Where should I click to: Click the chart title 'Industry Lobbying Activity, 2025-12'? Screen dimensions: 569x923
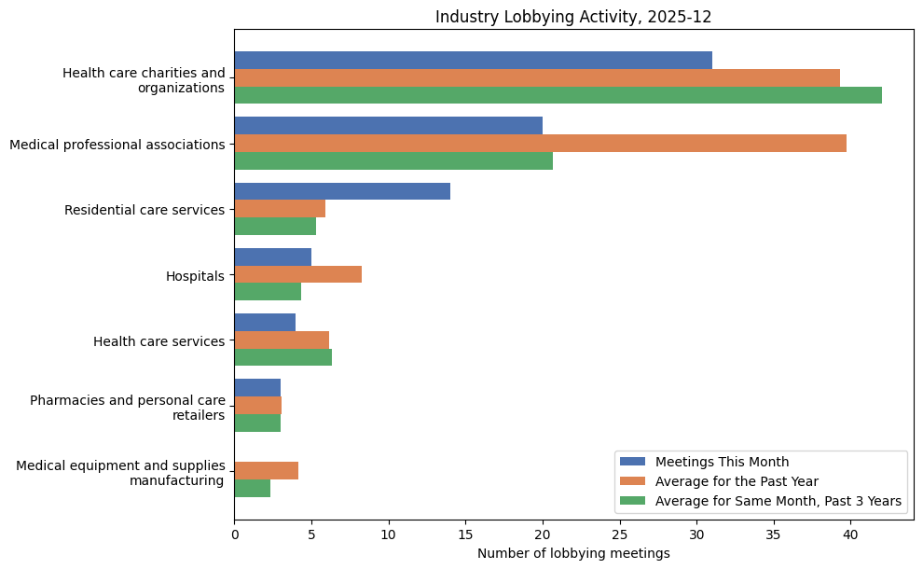573,17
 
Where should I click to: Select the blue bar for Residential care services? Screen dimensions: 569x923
342,191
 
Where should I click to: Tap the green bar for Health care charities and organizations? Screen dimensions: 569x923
558,95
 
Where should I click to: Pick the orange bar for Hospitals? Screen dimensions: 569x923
297,274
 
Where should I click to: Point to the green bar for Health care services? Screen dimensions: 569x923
282,357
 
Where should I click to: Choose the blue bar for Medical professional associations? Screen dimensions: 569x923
388,126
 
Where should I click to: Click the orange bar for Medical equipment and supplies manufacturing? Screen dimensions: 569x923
266,470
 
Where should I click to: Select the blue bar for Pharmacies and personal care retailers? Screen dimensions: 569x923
257,387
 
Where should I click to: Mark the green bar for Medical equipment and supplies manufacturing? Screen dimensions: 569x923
252,488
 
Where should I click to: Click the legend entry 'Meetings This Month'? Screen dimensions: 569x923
722,462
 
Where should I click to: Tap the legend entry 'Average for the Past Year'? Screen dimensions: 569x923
737,481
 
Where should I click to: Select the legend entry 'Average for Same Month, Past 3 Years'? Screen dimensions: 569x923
778,502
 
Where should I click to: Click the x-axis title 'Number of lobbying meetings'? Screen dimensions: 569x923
573,553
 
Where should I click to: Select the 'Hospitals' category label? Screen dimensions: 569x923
195,276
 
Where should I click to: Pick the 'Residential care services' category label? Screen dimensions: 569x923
145,210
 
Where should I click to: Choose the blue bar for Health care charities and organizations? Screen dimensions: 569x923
473,61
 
